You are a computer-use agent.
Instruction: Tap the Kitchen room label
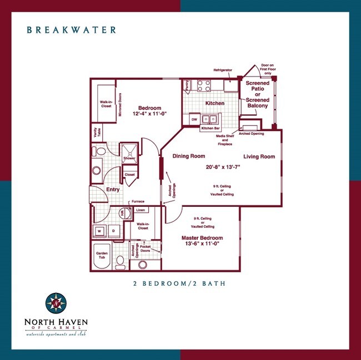pyautogui.click(x=215, y=103)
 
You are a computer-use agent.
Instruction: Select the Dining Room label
pyautogui.click(x=189, y=156)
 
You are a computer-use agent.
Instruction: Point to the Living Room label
pyautogui.click(x=259, y=156)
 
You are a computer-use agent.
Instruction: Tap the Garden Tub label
pyautogui.click(x=102, y=256)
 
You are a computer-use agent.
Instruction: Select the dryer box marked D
pyautogui.click(x=113, y=230)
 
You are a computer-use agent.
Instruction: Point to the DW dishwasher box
pyautogui.click(x=194, y=119)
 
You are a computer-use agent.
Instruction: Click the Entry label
pyautogui.click(x=113, y=190)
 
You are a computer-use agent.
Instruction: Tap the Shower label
pyautogui.click(x=129, y=158)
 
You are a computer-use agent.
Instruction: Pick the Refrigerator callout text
pyautogui.click(x=223, y=70)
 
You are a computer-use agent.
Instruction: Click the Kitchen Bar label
pyautogui.click(x=210, y=128)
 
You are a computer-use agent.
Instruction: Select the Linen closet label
pyautogui.click(x=141, y=210)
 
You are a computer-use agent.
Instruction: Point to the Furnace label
pyautogui.click(x=137, y=201)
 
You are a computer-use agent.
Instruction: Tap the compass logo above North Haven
pyautogui.click(x=56, y=303)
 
